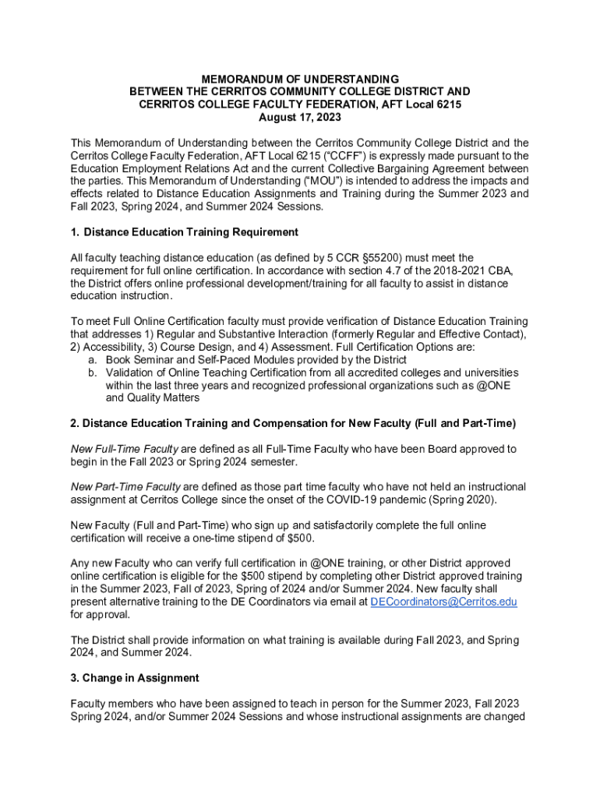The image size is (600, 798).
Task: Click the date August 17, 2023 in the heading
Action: [x=299, y=117]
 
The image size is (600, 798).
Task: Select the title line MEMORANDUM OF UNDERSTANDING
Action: [x=300, y=79]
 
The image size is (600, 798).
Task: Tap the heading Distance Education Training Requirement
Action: [x=191, y=232]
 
